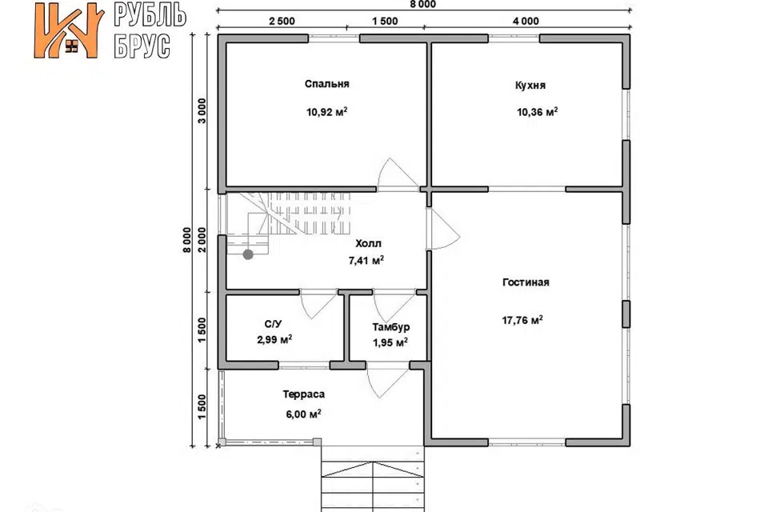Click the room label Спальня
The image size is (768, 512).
(326, 84)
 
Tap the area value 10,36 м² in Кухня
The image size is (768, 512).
(537, 112)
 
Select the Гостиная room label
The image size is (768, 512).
(526, 282)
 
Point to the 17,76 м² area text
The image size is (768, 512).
(522, 321)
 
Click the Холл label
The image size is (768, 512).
(368, 243)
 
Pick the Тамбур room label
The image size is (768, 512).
(390, 326)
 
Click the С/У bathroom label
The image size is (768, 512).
(274, 324)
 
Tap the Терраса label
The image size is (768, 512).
(304, 394)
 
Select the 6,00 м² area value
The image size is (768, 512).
(304, 414)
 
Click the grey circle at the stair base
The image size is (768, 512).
(248, 254)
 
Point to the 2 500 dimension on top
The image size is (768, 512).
(282, 21)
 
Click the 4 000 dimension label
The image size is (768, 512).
(526, 21)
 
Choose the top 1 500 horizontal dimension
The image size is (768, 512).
(385, 21)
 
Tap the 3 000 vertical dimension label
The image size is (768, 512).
(202, 111)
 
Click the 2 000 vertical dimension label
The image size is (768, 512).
(202, 240)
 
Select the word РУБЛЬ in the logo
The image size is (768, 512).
(150, 14)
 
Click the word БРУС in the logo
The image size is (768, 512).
(142, 46)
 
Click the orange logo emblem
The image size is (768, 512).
(69, 30)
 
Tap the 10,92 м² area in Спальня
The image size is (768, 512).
(326, 112)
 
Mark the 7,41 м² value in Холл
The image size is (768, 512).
(366, 261)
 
